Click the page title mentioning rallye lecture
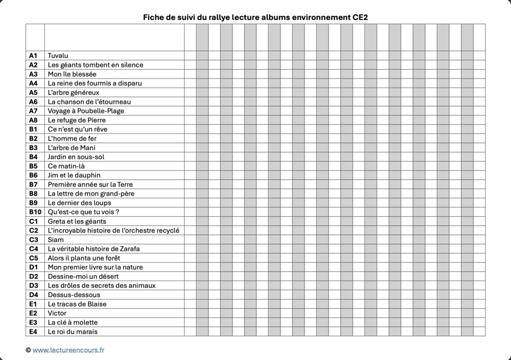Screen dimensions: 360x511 [x=255, y=17]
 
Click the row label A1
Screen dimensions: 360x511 [x=33, y=55]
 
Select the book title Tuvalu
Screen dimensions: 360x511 [x=58, y=55]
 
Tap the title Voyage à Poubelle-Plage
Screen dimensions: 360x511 [x=86, y=111]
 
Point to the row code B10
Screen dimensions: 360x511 [x=34, y=212]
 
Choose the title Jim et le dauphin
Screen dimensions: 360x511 [x=74, y=175]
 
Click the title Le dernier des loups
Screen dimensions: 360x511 [x=79, y=203]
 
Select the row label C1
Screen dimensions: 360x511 [x=33, y=221]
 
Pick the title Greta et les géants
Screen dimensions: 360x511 [x=77, y=221]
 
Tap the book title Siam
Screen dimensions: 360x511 [x=55, y=240]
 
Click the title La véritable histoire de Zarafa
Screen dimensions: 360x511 [x=94, y=249]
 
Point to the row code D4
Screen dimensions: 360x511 [x=33, y=295]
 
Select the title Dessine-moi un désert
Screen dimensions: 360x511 [x=83, y=276]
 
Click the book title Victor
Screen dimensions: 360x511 [x=57, y=313]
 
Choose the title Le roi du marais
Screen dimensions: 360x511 [x=73, y=332]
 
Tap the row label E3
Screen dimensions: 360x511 [x=33, y=322]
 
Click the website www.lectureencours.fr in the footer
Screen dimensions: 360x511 [x=68, y=351]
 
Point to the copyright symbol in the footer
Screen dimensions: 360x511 [x=28, y=351]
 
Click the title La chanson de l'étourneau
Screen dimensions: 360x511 [x=89, y=102]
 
